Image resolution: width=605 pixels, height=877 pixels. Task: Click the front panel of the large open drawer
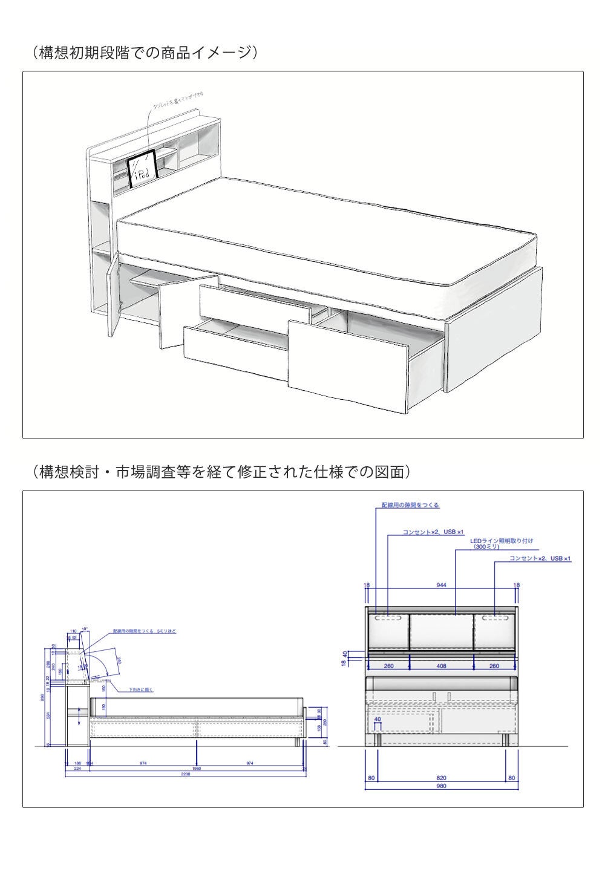pos(348,365)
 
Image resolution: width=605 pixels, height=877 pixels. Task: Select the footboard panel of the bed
pos(495,329)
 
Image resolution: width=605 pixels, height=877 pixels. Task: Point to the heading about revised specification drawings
pos(221,472)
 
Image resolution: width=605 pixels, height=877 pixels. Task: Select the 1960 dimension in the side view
pos(196,768)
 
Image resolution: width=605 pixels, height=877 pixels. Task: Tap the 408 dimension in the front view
pos(442,666)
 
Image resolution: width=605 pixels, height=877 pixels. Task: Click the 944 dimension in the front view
pos(442,585)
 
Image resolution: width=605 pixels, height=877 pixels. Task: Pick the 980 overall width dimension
pos(442,786)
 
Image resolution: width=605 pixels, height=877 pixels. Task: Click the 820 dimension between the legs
pos(442,778)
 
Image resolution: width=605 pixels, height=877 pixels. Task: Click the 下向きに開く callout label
pos(140,690)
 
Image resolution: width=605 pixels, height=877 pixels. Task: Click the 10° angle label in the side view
pos(85,630)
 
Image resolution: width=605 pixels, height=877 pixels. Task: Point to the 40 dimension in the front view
pos(378,720)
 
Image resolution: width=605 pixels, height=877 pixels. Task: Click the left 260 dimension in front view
pos(388,666)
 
